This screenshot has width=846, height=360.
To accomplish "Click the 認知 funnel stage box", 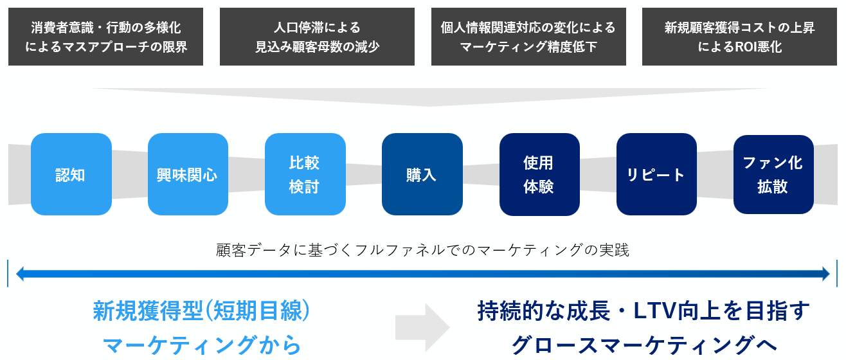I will (x=71, y=174).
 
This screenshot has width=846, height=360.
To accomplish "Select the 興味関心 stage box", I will (x=188, y=174).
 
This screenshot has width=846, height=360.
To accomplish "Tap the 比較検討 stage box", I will (x=305, y=174).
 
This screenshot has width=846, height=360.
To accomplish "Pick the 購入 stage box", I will (x=422, y=174).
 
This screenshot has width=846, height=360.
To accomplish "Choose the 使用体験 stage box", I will (x=539, y=174).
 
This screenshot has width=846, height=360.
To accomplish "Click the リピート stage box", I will (x=656, y=174).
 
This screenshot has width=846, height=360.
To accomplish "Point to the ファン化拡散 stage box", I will (x=773, y=174).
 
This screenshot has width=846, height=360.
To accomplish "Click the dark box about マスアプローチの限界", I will (x=105, y=37).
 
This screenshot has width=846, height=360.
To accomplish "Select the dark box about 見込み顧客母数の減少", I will (x=317, y=37).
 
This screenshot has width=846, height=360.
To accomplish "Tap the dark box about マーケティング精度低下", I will (x=528, y=37).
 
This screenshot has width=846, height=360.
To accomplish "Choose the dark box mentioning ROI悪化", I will (x=739, y=37).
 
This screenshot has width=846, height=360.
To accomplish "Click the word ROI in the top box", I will (x=736, y=47).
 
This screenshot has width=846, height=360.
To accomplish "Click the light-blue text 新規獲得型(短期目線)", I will (x=202, y=311).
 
